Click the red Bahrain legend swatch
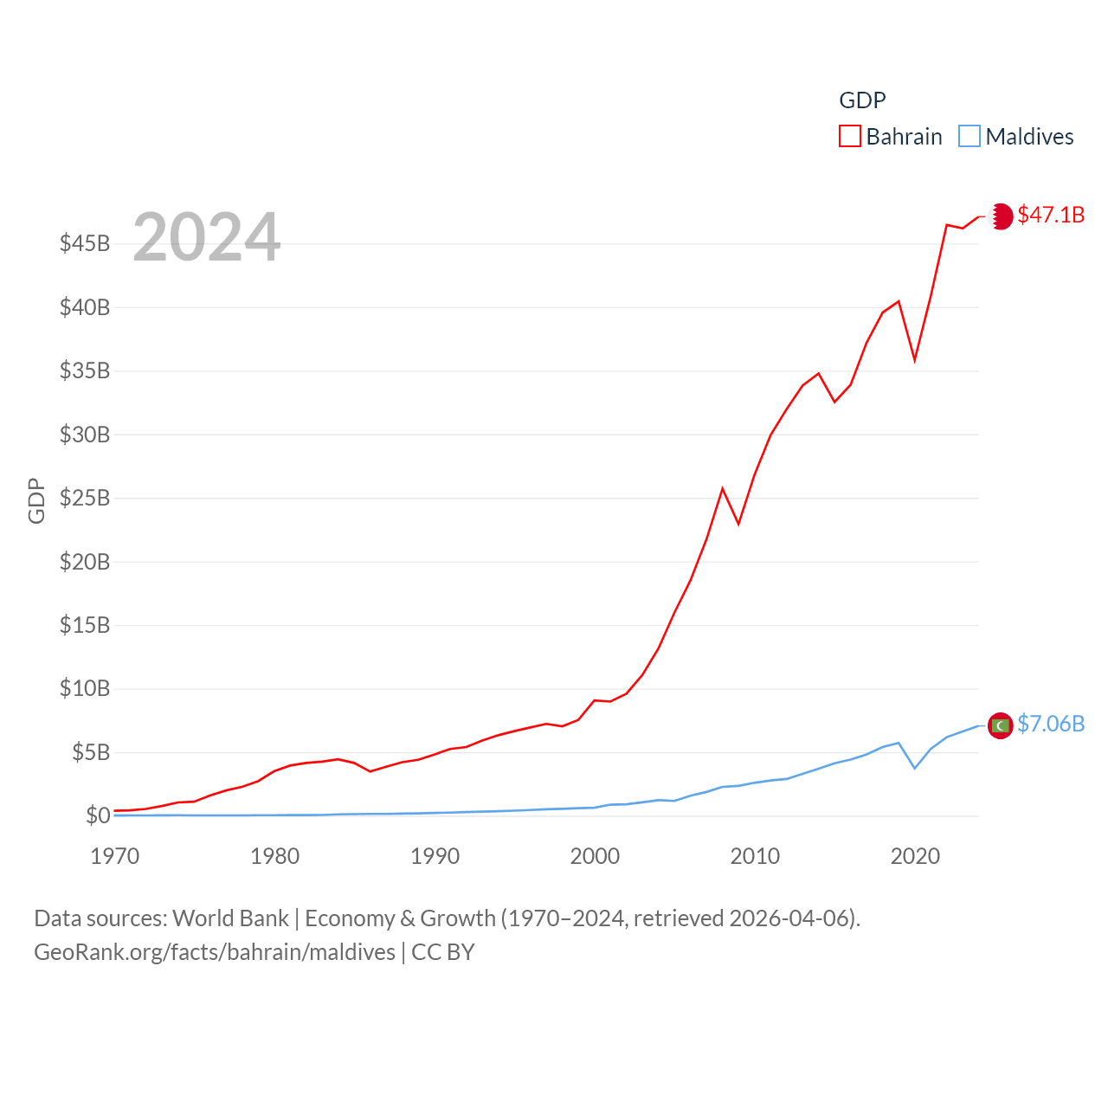[849, 137]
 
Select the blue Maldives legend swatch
[969, 137]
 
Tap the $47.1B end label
[1051, 215]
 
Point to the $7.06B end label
[1051, 724]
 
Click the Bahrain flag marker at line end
[1001, 216]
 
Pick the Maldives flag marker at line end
[1001, 725]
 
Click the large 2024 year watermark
[206, 237]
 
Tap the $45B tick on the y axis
[85, 243]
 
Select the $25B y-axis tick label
[85, 498]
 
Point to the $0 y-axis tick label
[98, 815]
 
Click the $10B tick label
[85, 688]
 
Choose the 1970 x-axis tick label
[115, 856]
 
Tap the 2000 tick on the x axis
[595, 856]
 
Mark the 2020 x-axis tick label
[915, 856]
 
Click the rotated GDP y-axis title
[36, 500]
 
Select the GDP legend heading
[862, 100]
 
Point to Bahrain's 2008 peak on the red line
[723, 489]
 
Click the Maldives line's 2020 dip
[915, 768]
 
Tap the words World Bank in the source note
[230, 918]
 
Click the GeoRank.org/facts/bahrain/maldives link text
[215, 952]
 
